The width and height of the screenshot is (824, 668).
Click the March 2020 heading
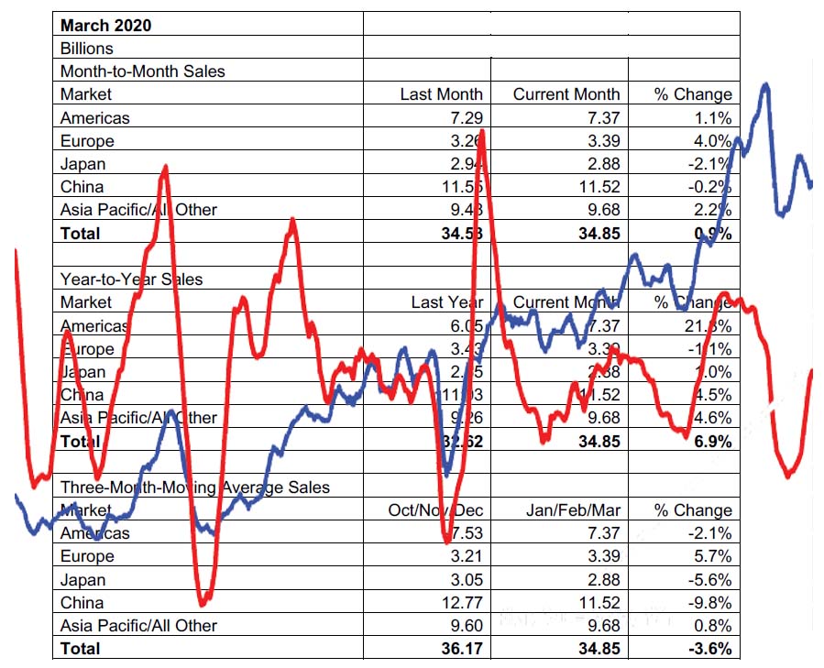[105, 25]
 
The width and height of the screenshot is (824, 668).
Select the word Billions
[88, 48]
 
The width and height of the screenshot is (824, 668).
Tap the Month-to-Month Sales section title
[142, 71]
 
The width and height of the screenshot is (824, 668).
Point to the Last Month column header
[441, 93]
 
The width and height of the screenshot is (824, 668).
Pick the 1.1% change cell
[712, 117]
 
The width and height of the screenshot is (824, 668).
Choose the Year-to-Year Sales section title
[131, 279]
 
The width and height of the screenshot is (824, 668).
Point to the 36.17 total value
[462, 649]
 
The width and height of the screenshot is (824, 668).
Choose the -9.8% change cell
[711, 603]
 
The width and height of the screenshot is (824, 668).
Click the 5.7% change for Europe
[714, 556]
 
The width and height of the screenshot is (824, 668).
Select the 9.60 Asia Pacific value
[466, 626]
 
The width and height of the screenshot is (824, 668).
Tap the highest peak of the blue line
[764, 84]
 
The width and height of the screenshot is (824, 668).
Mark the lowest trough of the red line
[203, 604]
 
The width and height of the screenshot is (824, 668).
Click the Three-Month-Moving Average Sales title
[194, 487]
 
